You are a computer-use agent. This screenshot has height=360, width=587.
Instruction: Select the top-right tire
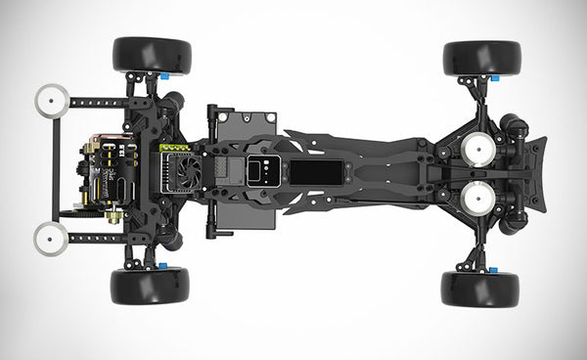click(481, 58)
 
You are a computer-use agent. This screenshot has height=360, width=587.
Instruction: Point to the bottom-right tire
click(479, 289)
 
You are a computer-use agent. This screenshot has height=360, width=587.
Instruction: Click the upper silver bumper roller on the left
click(51, 100)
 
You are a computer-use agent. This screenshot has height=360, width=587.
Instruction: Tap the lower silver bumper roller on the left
click(51, 237)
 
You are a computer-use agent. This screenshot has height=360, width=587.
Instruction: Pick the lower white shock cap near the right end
click(476, 195)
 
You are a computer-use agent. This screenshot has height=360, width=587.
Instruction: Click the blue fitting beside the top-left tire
click(163, 74)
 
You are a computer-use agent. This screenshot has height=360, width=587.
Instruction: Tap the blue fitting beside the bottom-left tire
click(161, 265)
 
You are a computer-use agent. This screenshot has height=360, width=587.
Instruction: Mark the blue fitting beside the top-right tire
click(495, 77)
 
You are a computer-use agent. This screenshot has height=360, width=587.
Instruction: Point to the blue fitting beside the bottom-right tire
click(493, 270)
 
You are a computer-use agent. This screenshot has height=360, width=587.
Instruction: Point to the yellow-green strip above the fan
click(176, 149)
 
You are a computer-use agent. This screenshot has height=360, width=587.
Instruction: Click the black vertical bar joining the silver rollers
click(55, 168)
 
